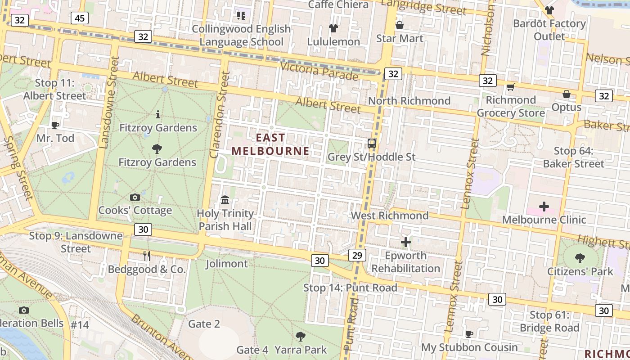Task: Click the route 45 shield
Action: coord(80,18)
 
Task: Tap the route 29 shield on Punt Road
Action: coord(357,256)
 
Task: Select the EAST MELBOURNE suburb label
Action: coord(270,144)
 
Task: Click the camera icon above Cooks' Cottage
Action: coord(135,197)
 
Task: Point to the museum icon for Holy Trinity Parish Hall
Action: coord(225,199)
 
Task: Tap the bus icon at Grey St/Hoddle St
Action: coord(372,144)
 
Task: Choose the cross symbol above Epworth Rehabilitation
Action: coord(406,242)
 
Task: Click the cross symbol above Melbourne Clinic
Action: coord(544,207)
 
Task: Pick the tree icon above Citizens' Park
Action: coord(580,258)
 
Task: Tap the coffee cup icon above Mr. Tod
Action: coord(55,125)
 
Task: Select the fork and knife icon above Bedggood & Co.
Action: coord(146,256)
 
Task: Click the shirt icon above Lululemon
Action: coord(333,28)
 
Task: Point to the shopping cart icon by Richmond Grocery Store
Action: coord(510,87)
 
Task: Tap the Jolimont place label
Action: coord(227,264)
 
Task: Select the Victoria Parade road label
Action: coord(319,71)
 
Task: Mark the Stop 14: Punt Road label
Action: coord(350,288)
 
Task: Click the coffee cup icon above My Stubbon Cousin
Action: coord(469,334)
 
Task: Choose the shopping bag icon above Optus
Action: coord(567,94)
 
